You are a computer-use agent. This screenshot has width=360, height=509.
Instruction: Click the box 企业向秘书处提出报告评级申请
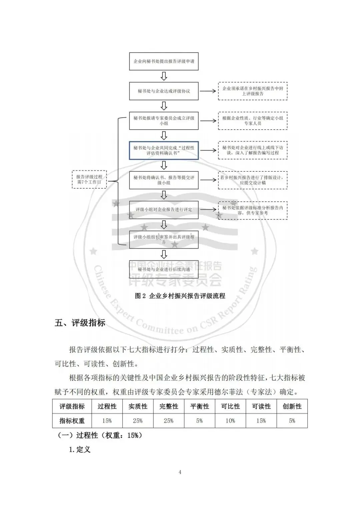[x=164, y=61]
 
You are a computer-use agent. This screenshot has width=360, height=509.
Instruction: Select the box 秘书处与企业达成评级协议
[x=164, y=91]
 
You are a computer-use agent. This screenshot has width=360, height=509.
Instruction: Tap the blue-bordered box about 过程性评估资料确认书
[x=164, y=150]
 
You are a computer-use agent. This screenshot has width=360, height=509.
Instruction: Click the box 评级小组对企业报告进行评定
[x=164, y=210]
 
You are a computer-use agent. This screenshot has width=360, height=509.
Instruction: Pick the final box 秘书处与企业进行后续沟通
[x=164, y=269]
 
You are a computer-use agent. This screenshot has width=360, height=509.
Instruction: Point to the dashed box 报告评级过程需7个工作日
[x=89, y=179]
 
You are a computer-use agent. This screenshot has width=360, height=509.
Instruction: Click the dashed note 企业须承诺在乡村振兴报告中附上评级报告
[x=253, y=91]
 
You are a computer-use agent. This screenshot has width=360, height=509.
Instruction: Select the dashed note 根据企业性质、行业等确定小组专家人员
[x=253, y=121]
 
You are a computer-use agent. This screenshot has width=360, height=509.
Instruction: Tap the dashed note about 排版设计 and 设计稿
[x=253, y=180]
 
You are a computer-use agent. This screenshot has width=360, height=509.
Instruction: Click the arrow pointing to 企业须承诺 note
[x=208, y=91]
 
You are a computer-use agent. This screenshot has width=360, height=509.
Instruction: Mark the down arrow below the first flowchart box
[x=164, y=76]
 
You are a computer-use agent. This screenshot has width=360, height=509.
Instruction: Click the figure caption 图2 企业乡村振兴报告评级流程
[x=180, y=296]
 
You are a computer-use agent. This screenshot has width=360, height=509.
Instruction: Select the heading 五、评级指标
[x=80, y=323]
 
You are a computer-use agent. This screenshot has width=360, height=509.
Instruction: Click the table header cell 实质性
[x=138, y=406]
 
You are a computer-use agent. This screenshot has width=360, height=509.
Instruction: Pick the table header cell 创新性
[x=292, y=406]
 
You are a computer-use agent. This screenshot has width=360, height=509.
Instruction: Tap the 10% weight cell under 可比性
[x=230, y=421]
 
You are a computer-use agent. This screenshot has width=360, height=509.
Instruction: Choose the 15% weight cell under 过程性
[x=107, y=421]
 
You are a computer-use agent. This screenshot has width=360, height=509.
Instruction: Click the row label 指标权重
[x=72, y=421]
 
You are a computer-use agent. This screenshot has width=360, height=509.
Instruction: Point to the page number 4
[x=180, y=472]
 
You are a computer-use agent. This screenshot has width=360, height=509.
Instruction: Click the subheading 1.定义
[x=80, y=449]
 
